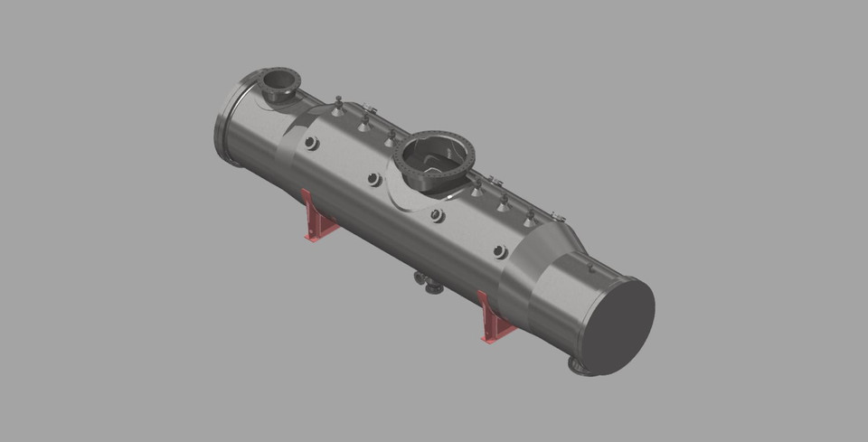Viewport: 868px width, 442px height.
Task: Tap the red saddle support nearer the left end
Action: point(316,218)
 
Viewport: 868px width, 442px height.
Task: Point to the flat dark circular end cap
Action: point(619,326)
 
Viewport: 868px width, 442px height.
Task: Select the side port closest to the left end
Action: point(311,143)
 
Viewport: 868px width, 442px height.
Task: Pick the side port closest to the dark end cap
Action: point(500,252)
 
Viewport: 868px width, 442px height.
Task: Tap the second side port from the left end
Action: point(373,179)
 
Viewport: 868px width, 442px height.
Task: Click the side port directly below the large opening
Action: point(437,215)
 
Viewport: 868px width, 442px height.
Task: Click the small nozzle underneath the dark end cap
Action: point(579,366)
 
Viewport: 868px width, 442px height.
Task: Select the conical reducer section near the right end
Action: point(552,249)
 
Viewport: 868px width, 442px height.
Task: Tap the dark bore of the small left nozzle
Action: point(279,81)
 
